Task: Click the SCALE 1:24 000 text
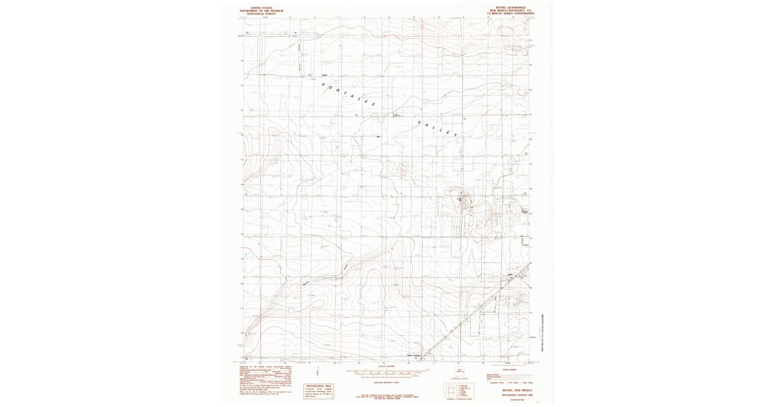pos(387,367)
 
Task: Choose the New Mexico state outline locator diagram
pos(460,371)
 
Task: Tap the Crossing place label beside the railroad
pos(414,354)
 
